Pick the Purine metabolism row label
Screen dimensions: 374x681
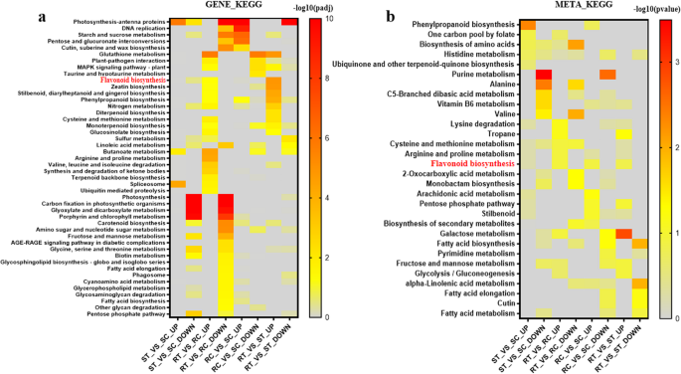pyautogui.click(x=486, y=74)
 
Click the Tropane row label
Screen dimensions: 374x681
pyautogui.click(x=501, y=133)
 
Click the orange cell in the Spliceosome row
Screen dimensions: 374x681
pyautogui.click(x=178, y=184)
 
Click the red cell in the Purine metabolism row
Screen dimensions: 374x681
pyautogui.click(x=544, y=74)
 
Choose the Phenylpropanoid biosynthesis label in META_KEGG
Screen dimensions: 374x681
pyautogui.click(x=468, y=25)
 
